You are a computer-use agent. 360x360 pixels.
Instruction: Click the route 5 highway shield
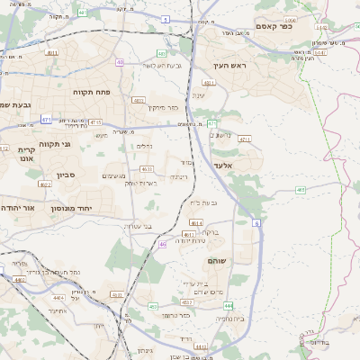(166, 18)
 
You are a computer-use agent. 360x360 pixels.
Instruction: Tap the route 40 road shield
(120, 62)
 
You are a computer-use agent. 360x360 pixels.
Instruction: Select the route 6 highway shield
(256, 222)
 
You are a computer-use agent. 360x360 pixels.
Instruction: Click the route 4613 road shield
(213, 234)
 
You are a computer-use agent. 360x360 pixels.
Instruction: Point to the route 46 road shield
(162, 244)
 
